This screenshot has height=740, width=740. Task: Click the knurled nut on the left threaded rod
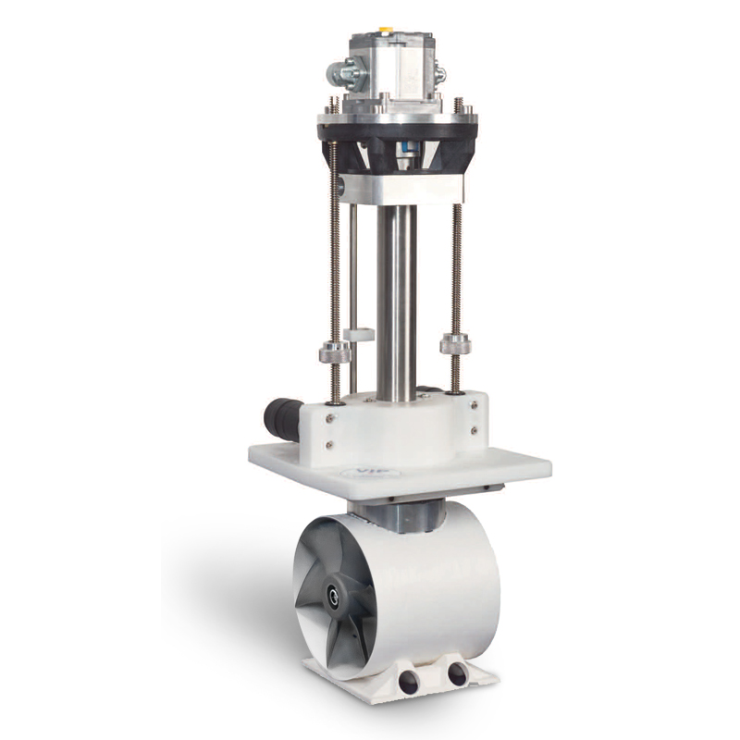coord(334,352)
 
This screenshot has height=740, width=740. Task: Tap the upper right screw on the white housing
coord(474,404)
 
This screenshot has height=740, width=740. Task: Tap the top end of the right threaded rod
coord(457,101)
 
